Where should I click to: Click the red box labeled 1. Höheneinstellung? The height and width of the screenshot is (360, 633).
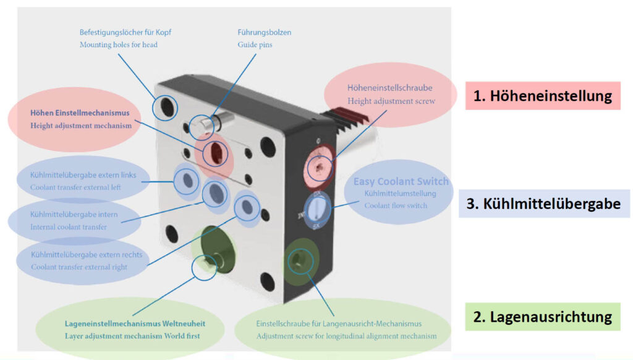(542, 96)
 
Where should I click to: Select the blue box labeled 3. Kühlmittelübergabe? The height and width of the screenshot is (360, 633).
(543, 204)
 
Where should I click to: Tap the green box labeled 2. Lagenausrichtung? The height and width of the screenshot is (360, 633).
(542, 317)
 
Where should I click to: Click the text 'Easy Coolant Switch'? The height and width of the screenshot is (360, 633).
(401, 182)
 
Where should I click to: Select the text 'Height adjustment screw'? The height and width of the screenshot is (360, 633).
(391, 101)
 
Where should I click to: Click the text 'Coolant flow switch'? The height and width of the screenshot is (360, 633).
(395, 205)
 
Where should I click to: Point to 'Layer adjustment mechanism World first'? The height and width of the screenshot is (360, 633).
(132, 336)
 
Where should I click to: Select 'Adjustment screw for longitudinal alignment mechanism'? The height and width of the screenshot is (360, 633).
(346, 336)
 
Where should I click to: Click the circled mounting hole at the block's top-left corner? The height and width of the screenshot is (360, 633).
(167, 109)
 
